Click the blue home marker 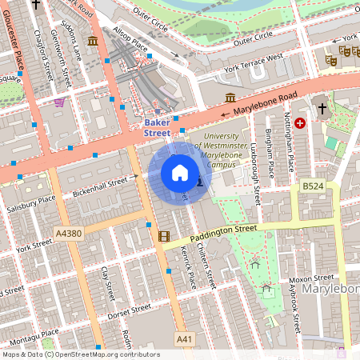point(180,173)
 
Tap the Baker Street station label point(157,128)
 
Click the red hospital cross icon point(300,123)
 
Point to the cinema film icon point(164,236)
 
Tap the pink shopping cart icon point(59,102)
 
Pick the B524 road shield point(313,186)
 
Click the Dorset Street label point(130,310)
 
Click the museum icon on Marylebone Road point(231,98)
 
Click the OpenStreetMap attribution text point(80,354)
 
